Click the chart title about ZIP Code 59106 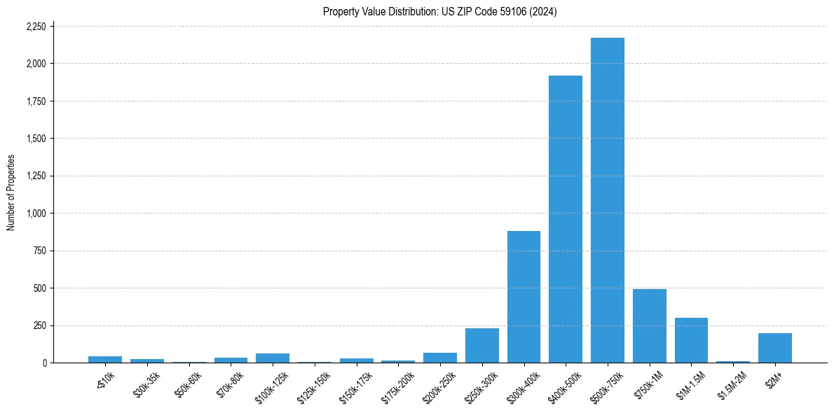[439, 11]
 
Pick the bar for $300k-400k [524, 297]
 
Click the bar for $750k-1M [649, 325]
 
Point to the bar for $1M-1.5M [691, 340]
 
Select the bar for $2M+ [774, 348]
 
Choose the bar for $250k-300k [481, 345]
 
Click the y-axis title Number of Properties [11, 193]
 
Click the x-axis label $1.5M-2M [732, 383]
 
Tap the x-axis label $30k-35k [147, 382]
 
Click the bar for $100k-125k [273, 358]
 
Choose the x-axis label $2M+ [775, 377]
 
